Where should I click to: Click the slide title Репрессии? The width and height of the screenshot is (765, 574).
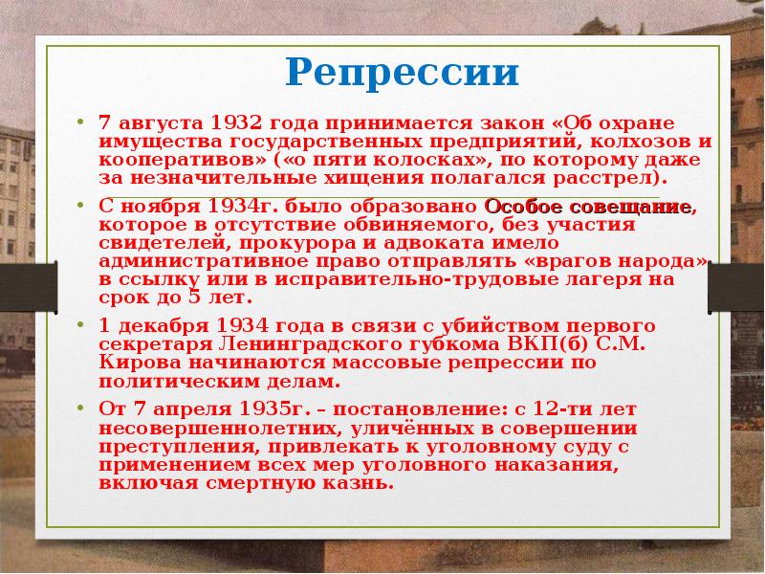[402, 73]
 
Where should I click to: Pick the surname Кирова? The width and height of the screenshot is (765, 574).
[138, 363]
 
